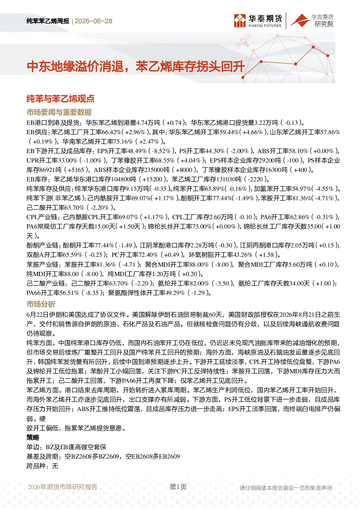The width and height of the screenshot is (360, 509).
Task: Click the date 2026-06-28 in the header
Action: (x=93, y=21)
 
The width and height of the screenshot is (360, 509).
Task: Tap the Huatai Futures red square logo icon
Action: (x=240, y=21)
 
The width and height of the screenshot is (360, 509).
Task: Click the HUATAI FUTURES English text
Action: (x=265, y=26)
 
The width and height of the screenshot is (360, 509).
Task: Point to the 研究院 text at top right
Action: (x=324, y=24)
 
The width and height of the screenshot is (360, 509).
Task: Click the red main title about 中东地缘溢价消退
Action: (x=136, y=67)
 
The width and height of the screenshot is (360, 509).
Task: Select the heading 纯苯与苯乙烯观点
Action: (x=61, y=98)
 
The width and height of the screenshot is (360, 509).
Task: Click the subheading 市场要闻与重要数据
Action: (x=59, y=112)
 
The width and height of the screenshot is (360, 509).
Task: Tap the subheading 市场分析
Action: (x=41, y=304)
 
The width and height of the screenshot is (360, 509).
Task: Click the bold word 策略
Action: (x=33, y=438)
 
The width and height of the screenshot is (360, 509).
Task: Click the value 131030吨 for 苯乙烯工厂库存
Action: (x=229, y=179)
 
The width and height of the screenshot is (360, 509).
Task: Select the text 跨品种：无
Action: (x=42, y=466)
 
